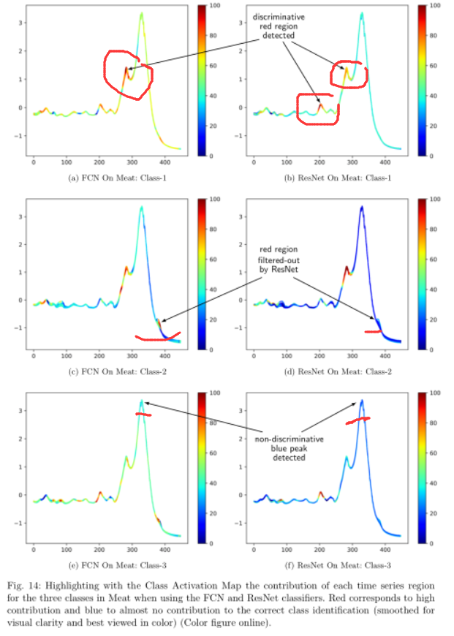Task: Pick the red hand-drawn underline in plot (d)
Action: pyautogui.click(x=373, y=332)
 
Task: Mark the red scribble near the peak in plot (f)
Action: pyautogui.click(x=357, y=420)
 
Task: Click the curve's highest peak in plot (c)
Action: pyautogui.click(x=141, y=207)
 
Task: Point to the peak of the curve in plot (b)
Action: pyautogui.click(x=361, y=13)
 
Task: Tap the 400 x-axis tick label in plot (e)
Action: pyautogui.click(x=165, y=548)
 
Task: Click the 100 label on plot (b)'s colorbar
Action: pyautogui.click(x=433, y=6)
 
